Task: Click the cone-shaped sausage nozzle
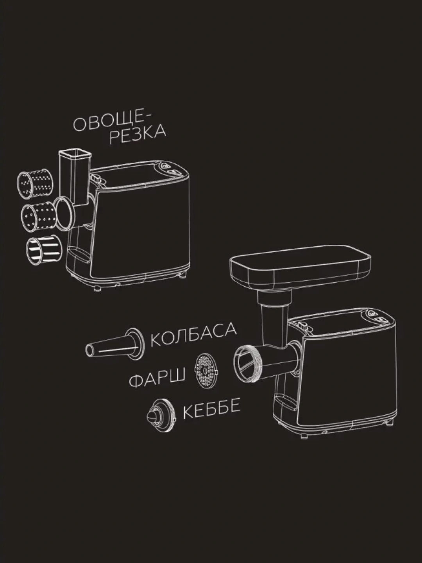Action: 114,344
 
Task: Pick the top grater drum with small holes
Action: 35,184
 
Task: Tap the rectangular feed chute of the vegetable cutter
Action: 75,177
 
